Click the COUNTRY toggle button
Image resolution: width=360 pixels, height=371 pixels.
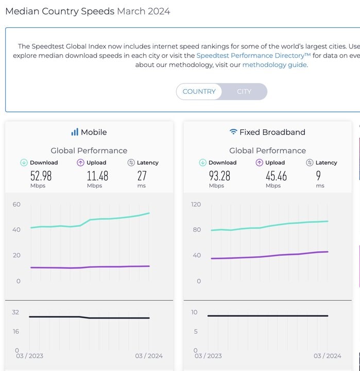click(x=199, y=91)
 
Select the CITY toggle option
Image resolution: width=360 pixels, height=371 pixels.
click(x=244, y=91)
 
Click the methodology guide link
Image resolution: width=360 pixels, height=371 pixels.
click(x=274, y=65)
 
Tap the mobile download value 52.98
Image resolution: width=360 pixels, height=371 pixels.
click(x=41, y=176)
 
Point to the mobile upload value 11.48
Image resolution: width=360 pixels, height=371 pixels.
click(x=97, y=176)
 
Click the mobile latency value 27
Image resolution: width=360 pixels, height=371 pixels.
click(x=142, y=176)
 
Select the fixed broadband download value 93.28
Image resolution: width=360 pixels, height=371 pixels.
click(x=219, y=176)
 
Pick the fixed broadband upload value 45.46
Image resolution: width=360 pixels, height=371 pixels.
click(x=276, y=176)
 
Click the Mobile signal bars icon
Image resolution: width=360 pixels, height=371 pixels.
click(x=75, y=132)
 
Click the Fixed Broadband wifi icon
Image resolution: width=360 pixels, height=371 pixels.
click(x=233, y=132)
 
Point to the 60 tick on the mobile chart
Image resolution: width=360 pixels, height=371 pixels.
click(x=16, y=204)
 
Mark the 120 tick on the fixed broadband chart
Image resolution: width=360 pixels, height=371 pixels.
click(x=196, y=204)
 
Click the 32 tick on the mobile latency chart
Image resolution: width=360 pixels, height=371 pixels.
click(x=15, y=312)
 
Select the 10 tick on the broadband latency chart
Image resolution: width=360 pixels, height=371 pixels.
click(x=194, y=312)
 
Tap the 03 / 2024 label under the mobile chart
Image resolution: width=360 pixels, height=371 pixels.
click(x=148, y=356)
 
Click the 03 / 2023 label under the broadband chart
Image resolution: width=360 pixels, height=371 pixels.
click(x=208, y=356)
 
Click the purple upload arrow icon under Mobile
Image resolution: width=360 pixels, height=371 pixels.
click(x=80, y=162)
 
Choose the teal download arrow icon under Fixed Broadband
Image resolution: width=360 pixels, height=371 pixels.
click(x=202, y=162)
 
